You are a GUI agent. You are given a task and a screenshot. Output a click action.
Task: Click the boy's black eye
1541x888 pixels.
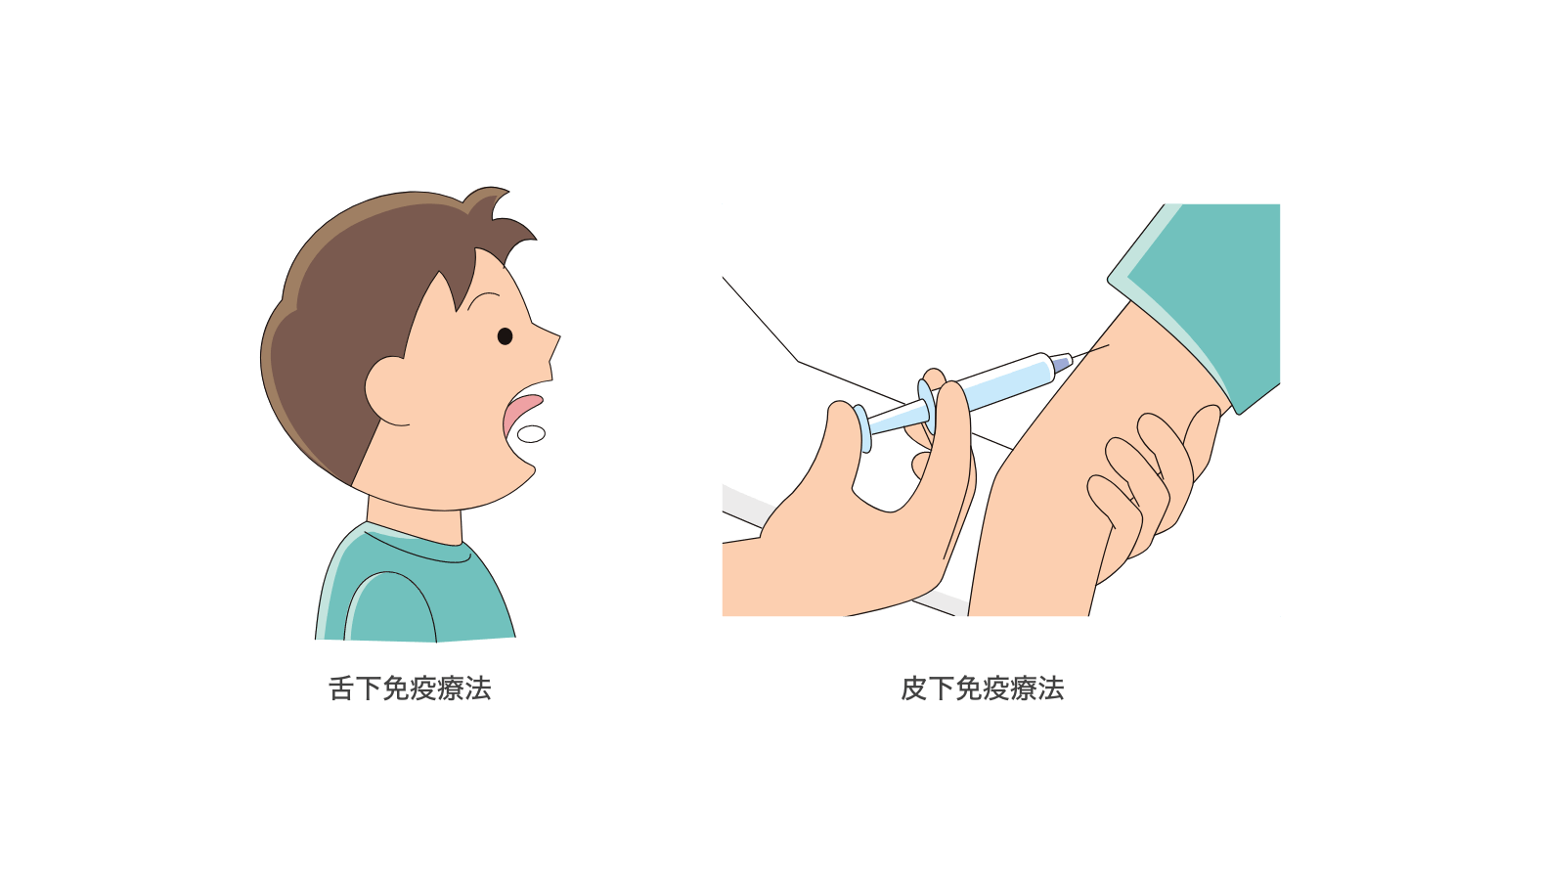(x=505, y=336)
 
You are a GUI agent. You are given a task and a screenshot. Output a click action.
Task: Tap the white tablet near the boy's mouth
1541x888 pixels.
(x=531, y=434)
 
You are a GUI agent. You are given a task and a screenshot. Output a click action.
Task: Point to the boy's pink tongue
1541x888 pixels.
(x=520, y=412)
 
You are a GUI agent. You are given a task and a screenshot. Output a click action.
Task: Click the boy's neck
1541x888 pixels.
(x=414, y=520)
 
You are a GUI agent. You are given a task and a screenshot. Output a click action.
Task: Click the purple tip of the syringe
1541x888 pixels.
(x=1062, y=363)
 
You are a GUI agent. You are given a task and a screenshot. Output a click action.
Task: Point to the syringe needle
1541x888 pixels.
(x=1090, y=351)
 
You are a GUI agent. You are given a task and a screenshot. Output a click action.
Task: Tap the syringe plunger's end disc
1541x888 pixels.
(x=861, y=428)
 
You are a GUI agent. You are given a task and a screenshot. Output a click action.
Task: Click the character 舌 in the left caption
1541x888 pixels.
(x=342, y=688)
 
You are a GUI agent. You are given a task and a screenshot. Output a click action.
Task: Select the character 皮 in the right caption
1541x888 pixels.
(x=914, y=688)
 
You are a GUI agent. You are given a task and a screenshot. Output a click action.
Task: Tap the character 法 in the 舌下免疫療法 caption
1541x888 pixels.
(x=478, y=688)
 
